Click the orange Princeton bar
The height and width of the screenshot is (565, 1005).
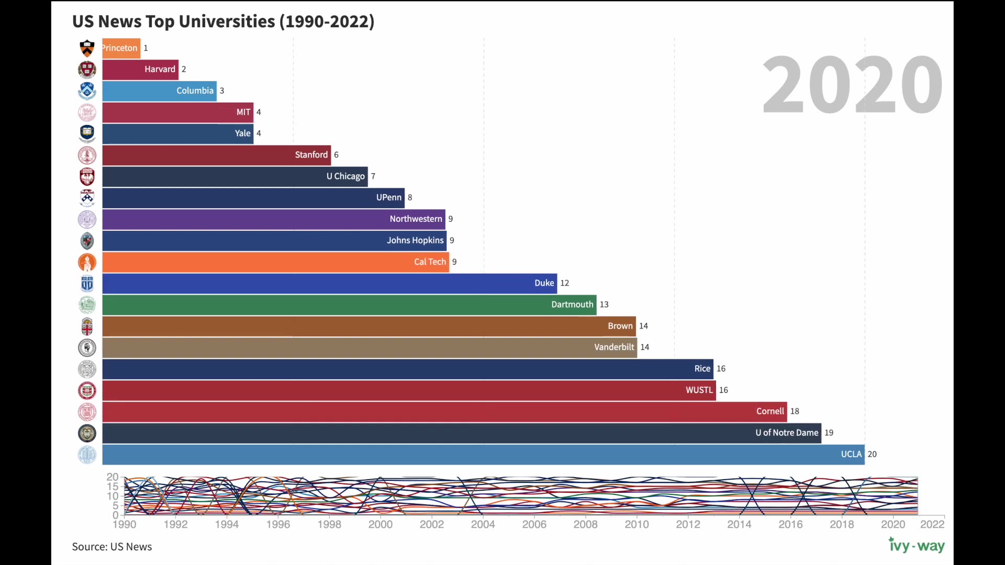click(121, 48)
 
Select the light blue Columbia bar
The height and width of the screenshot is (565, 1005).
click(159, 91)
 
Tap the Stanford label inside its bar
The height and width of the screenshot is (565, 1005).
click(311, 155)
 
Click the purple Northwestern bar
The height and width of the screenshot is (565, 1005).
click(273, 219)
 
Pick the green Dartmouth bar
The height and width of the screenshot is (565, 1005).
click(349, 305)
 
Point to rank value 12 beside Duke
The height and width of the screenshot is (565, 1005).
click(564, 283)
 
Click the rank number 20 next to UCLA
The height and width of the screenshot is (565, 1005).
click(872, 454)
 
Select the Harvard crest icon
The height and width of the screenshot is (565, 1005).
click(87, 70)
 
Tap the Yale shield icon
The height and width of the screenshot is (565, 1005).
click(87, 133)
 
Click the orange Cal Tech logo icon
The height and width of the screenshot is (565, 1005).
click(87, 262)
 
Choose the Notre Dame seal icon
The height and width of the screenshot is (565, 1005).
click(87, 433)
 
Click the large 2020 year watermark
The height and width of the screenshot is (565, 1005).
click(852, 85)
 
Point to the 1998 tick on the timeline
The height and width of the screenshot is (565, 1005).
click(329, 524)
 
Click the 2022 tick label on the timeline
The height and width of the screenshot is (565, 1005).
click(932, 524)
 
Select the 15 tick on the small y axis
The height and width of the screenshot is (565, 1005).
click(113, 487)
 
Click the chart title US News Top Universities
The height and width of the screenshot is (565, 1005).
click(223, 21)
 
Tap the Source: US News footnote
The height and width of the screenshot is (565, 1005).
click(111, 547)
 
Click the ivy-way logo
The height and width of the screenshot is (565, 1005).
click(917, 546)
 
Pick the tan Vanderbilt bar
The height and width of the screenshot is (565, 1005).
click(369, 348)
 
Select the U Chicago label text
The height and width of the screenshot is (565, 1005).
click(345, 176)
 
